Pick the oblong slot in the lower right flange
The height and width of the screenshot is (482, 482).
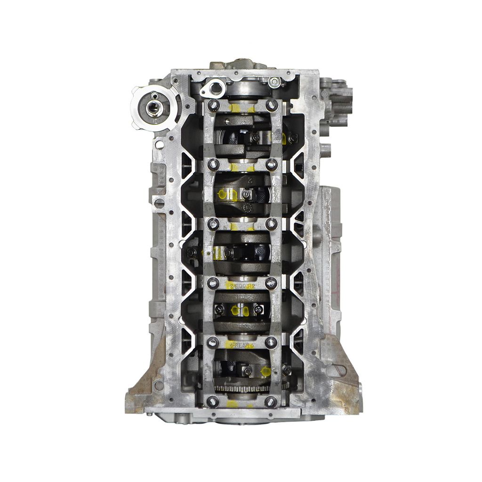[x=336, y=370]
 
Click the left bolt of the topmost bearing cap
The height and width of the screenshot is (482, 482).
[x=214, y=105]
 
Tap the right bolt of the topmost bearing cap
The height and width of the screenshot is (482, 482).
[x=272, y=105]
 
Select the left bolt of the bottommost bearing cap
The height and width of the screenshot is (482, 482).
[x=214, y=402]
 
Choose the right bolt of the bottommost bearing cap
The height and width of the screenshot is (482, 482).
[x=271, y=402]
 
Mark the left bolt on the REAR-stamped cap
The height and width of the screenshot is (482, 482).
[x=213, y=342]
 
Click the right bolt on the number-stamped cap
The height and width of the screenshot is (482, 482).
[x=271, y=283]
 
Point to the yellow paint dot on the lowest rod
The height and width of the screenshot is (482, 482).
[x=265, y=371]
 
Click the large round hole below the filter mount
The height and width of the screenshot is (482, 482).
[x=160, y=144]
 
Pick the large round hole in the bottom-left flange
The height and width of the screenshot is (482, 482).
[x=159, y=385]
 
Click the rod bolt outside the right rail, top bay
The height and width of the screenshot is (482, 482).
[x=293, y=138]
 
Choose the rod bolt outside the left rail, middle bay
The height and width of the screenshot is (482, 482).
[x=192, y=253]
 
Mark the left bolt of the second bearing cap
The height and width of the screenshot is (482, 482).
[x=214, y=164]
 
